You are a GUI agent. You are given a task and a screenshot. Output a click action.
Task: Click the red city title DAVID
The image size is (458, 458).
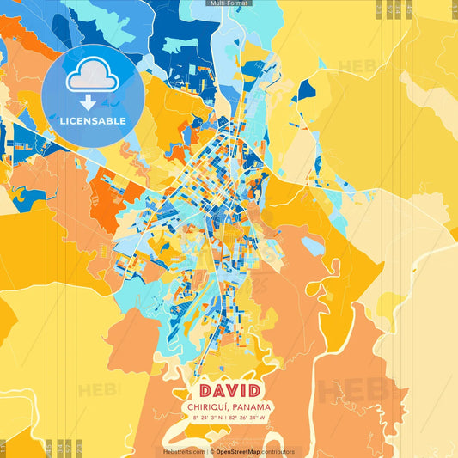pyautogui.click(x=229, y=389)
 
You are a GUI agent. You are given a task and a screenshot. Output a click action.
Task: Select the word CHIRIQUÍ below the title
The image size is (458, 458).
pyautogui.click(x=209, y=406)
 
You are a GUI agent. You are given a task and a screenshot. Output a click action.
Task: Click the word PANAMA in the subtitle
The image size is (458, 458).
pyautogui.click(x=253, y=406)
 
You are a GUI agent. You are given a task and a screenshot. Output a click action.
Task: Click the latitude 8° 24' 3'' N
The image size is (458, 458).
pyautogui.click(x=207, y=418)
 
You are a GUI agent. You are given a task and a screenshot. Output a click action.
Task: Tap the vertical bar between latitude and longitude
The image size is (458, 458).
pyautogui.click(x=226, y=418)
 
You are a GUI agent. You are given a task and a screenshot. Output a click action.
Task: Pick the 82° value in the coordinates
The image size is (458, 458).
pyautogui.click(x=235, y=418)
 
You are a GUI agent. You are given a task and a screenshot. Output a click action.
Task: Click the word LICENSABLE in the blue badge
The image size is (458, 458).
pyautogui.click(x=93, y=120)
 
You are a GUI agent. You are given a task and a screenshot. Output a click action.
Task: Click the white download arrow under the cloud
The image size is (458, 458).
pyautogui.click(x=89, y=102)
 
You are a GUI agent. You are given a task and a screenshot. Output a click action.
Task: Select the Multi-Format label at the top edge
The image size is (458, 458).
pyautogui.click(x=229, y=3)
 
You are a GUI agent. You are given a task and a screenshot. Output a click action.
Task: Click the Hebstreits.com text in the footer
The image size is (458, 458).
pyautogui.click(x=183, y=451)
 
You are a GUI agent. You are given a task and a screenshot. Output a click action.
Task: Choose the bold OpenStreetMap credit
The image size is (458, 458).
pyautogui.click(x=239, y=451)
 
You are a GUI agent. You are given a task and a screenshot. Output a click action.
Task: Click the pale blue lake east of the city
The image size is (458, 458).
pyautogui.click(x=312, y=247)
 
